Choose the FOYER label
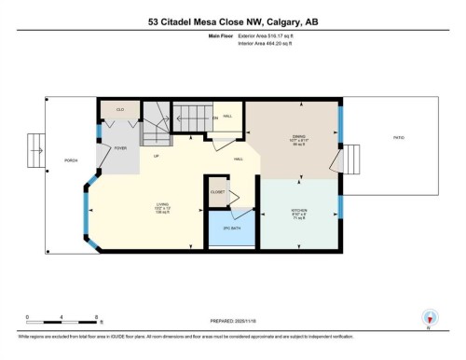[120, 148]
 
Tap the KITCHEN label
[300, 213]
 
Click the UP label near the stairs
[157, 156]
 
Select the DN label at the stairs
[216, 118]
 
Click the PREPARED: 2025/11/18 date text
[233, 320]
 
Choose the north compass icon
[430, 319]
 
